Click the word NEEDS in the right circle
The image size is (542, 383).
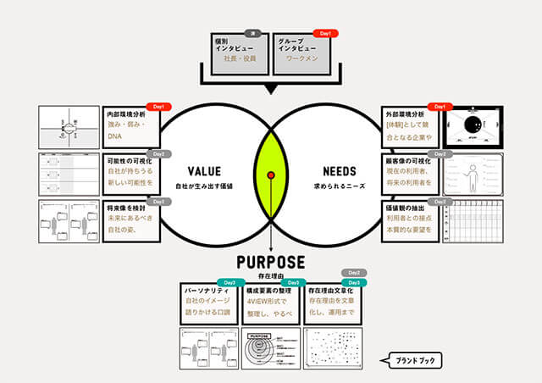pyautogui.click(x=340, y=169)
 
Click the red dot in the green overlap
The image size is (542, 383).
pyautogui.click(x=271, y=175)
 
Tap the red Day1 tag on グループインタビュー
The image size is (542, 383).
pyautogui.click(x=324, y=33)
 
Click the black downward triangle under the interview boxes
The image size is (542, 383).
pyautogui.click(x=271, y=88)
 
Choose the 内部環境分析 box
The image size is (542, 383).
pyautogui.click(x=132, y=125)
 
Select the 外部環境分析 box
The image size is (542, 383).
pyautogui.click(x=412, y=125)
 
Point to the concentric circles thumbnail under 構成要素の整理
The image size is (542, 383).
pyautogui.click(x=270, y=348)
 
